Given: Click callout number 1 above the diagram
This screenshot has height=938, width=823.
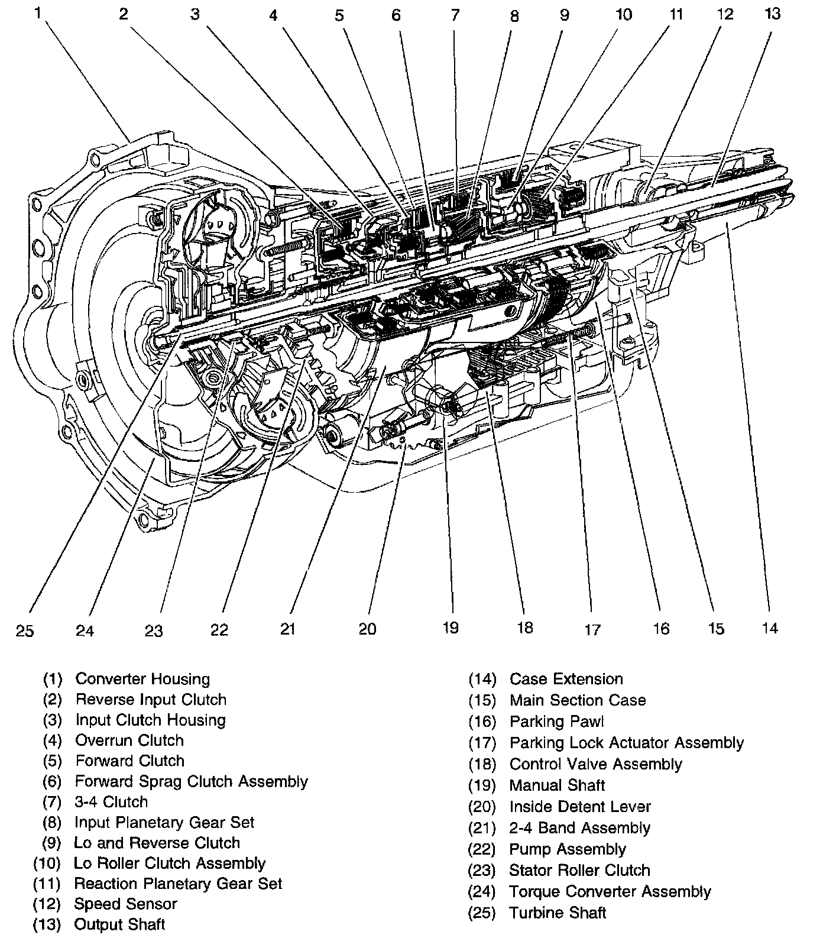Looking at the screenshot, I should (x=38, y=13).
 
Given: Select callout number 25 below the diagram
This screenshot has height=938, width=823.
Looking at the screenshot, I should (x=25, y=631).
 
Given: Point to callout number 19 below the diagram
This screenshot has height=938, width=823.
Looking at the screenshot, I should (x=451, y=628).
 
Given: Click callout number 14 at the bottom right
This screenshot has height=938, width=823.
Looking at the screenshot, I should (x=770, y=628).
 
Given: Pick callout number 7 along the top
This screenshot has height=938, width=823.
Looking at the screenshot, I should (x=455, y=15).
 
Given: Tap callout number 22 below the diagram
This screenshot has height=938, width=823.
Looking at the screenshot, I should (x=219, y=630).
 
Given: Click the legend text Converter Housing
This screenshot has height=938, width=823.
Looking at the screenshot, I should (x=142, y=679).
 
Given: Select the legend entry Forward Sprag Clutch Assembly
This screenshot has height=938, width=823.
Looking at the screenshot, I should (x=191, y=781).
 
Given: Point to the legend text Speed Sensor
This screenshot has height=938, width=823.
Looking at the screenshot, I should (x=125, y=904).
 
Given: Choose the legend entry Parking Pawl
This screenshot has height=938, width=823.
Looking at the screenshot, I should (x=556, y=722).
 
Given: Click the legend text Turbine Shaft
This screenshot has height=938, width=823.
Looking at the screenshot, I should (x=558, y=913).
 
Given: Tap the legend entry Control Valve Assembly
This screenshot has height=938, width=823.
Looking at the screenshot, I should (x=595, y=764).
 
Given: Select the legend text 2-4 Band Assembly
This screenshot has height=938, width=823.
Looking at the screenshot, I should (x=579, y=828).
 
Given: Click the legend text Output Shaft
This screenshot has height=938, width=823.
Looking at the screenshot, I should (x=119, y=924).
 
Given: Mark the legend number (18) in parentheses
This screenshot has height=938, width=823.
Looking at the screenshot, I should (x=482, y=764).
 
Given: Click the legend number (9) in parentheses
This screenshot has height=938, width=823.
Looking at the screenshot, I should (x=51, y=843).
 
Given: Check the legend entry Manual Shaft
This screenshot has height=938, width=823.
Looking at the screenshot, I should (x=557, y=785).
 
